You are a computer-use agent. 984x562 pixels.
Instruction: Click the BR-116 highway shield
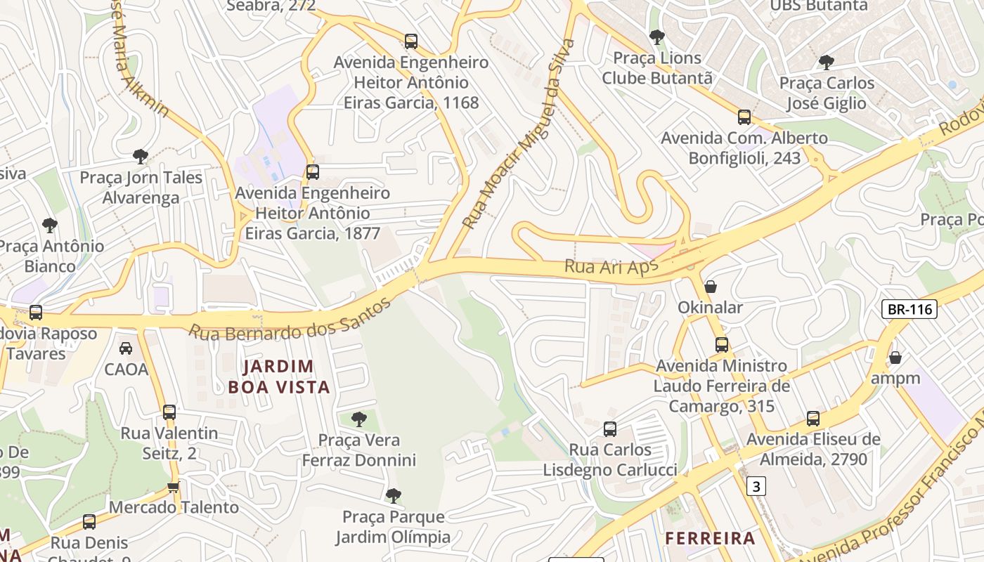(909, 308)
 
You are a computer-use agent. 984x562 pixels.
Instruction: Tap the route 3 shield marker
(756, 485)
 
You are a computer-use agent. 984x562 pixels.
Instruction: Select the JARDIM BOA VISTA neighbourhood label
(279, 377)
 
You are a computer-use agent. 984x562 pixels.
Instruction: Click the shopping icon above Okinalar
(711, 287)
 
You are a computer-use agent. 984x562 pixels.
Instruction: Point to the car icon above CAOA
(126, 348)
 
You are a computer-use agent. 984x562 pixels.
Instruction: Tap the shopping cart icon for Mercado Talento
(174, 487)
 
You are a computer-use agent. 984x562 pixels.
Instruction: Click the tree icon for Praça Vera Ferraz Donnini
(359, 419)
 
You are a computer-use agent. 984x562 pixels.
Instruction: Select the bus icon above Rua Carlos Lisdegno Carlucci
(610, 429)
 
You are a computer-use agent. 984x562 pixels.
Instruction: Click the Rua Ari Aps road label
(611, 267)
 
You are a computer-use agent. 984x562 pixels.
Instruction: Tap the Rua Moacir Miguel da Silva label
(519, 133)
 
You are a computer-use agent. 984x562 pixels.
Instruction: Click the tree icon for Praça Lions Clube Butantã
(657, 37)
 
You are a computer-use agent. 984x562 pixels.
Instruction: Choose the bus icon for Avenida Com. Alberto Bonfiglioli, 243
(744, 117)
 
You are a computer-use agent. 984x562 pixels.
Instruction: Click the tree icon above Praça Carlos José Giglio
(827, 63)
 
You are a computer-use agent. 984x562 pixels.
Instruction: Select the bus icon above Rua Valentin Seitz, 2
(169, 412)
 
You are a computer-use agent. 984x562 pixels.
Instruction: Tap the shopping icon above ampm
(895, 358)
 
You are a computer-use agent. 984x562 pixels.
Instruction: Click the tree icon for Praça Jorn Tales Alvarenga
(141, 156)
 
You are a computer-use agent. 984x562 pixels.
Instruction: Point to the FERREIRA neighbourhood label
(710, 539)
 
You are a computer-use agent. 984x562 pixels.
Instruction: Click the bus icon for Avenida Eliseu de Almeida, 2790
(813, 419)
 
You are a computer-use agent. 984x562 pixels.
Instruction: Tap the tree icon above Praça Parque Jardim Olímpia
(394, 496)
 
